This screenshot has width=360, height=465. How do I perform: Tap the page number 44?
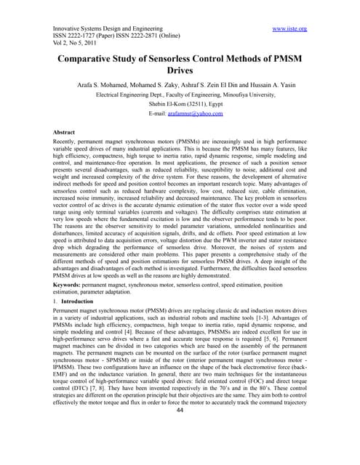179,450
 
